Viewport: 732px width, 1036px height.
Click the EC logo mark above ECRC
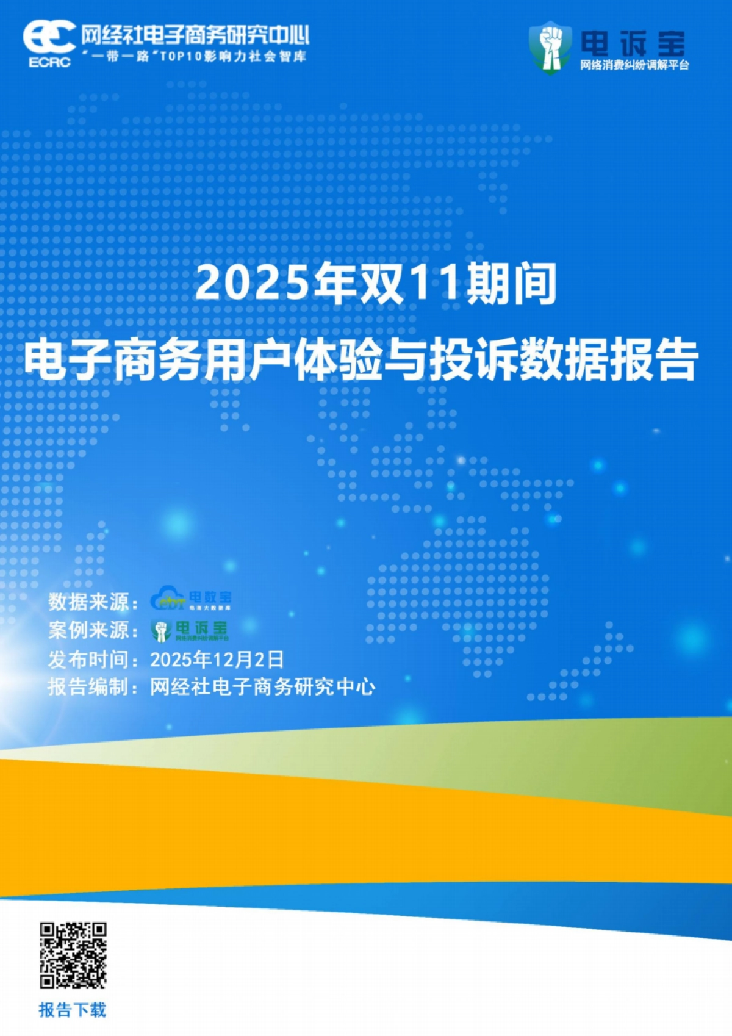pos(49,38)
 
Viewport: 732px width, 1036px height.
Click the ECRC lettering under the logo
pos(49,62)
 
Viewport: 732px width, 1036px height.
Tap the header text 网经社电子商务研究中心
pos(195,35)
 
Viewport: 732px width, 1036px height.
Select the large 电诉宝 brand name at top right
pos(633,43)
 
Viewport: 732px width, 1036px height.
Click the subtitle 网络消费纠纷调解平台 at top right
pos(634,65)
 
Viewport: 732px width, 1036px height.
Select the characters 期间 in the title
pos(511,284)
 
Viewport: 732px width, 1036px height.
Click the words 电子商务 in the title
pos(113,360)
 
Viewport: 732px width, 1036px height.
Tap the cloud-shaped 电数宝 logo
pos(191,599)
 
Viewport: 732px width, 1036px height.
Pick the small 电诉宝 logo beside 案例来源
pos(190,630)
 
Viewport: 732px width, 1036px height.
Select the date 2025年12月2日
pos(217,660)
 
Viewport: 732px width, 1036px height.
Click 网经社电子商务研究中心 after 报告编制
pos(263,687)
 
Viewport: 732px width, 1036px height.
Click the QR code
pos(73,955)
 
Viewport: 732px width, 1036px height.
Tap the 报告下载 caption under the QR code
pos(73,1010)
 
